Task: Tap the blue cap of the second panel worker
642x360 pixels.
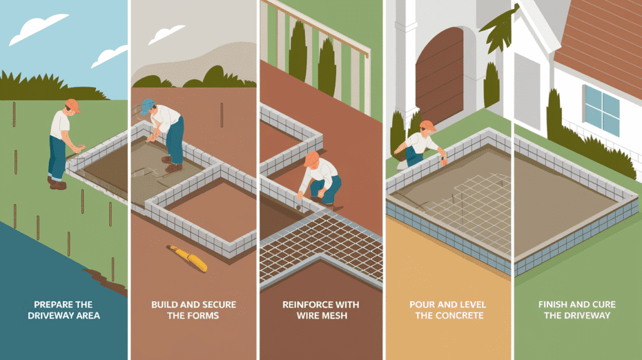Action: [147, 105]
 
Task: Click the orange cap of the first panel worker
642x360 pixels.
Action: [73, 105]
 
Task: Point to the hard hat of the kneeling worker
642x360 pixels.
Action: [311, 159]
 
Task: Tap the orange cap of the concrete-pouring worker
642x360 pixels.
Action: [428, 126]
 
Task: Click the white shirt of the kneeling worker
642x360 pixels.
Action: [321, 174]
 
